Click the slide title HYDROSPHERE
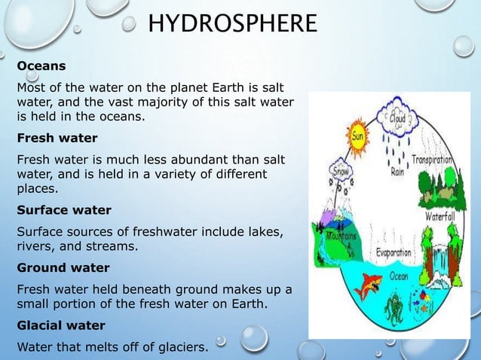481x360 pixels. [x=232, y=24]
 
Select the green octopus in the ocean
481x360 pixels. [x=394, y=308]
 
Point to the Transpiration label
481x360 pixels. [x=432, y=160]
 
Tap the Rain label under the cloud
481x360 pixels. [x=397, y=170]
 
